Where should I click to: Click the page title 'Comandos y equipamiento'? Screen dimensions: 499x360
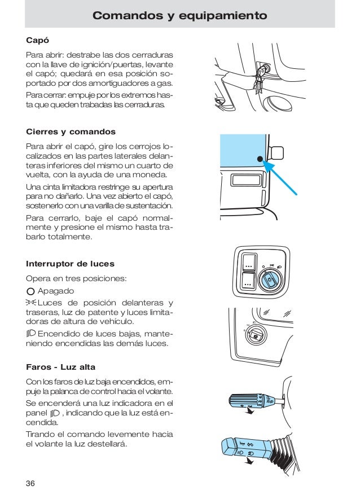point(179,16)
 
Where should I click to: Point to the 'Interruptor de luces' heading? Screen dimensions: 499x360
point(70,264)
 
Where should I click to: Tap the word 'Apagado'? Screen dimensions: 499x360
point(56,291)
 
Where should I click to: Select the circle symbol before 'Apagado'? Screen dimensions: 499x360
point(31,291)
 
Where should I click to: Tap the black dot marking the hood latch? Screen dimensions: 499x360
point(260,160)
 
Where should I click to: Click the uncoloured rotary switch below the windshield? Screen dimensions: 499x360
point(257,336)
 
